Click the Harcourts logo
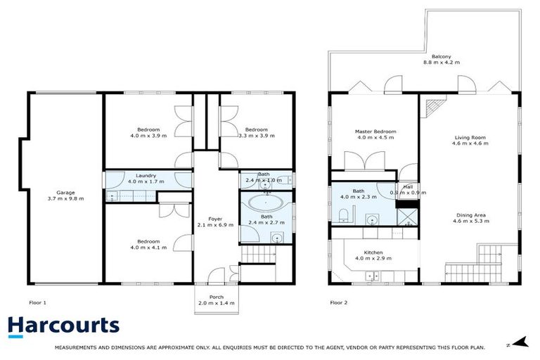click(x=63, y=326)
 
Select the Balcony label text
click(x=441, y=59)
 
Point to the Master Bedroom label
click(x=376, y=134)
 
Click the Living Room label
click(x=470, y=140)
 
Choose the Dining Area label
click(x=470, y=218)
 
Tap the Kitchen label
click(x=373, y=256)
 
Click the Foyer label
click(x=215, y=222)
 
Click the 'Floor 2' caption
click(x=338, y=303)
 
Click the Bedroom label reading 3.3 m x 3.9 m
click(x=256, y=133)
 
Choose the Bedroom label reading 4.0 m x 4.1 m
click(x=148, y=244)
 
